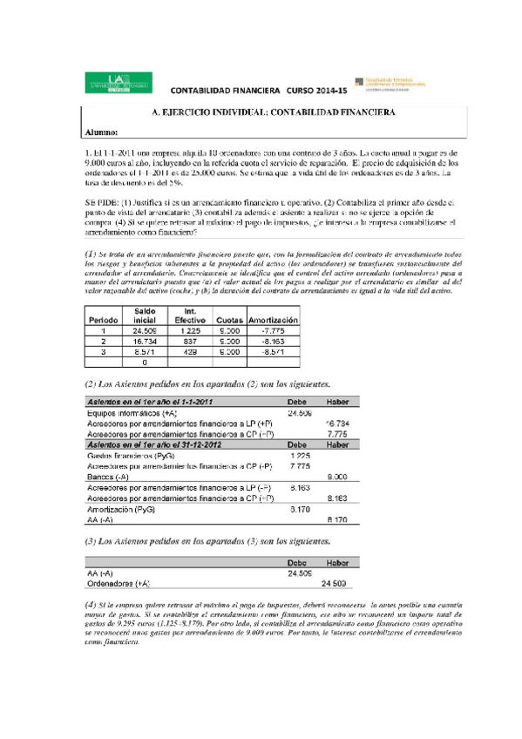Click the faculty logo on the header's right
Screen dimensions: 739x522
(x=390, y=81)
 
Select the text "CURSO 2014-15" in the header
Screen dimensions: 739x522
(x=315, y=91)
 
